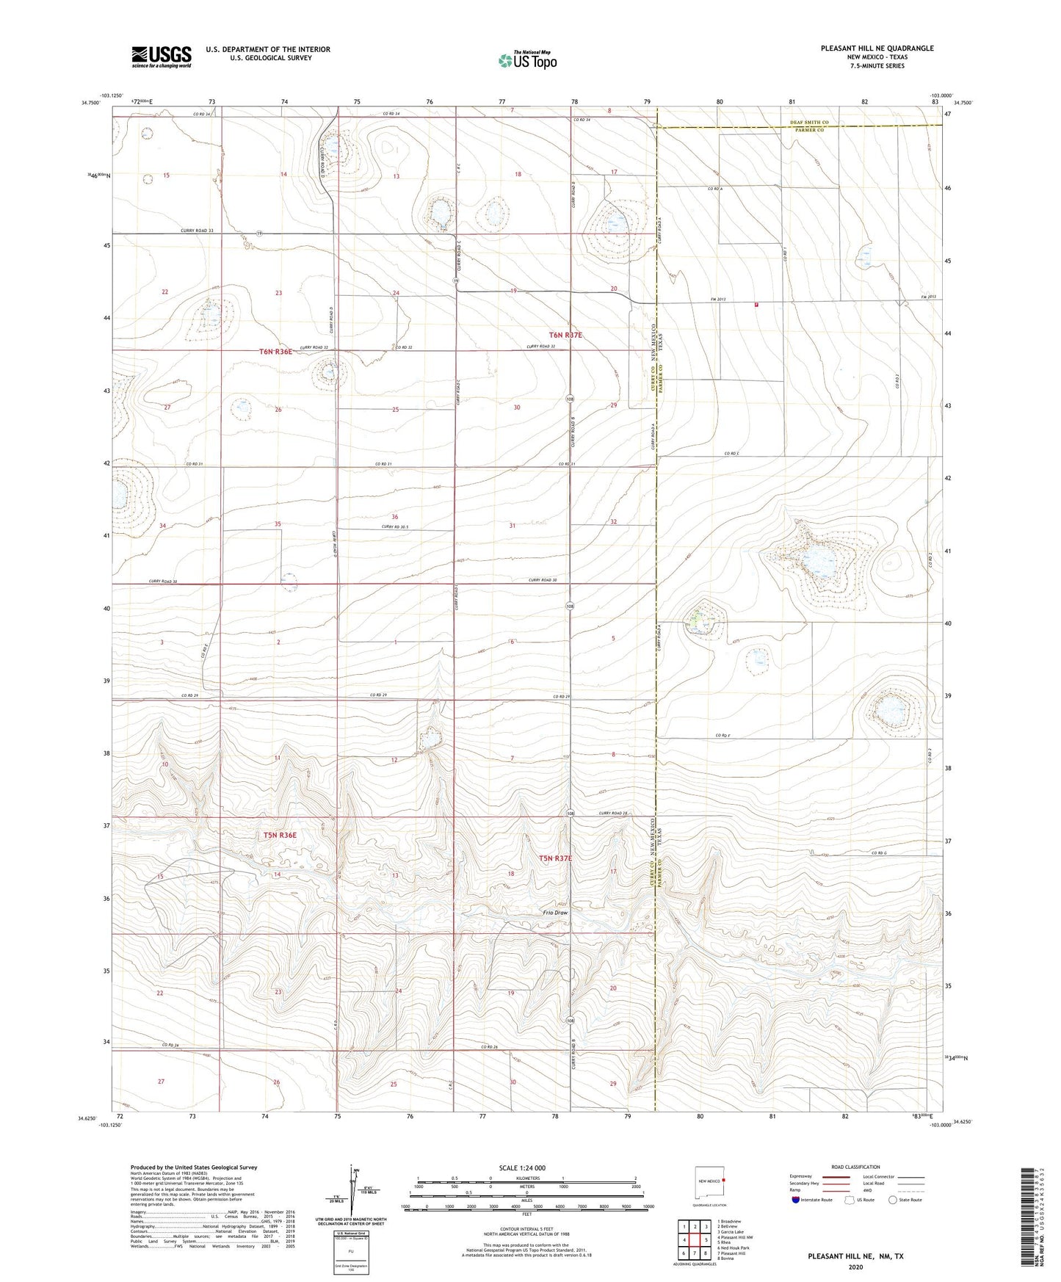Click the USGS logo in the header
click(162, 56)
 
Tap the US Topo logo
click(527, 60)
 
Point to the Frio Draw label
click(555, 913)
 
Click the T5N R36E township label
click(280, 835)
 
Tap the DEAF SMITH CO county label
click(809, 123)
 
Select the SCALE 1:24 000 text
click(522, 1168)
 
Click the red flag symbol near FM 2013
click(756, 305)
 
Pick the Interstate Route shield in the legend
click(795, 1200)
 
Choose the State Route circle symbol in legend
click(893, 1200)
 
